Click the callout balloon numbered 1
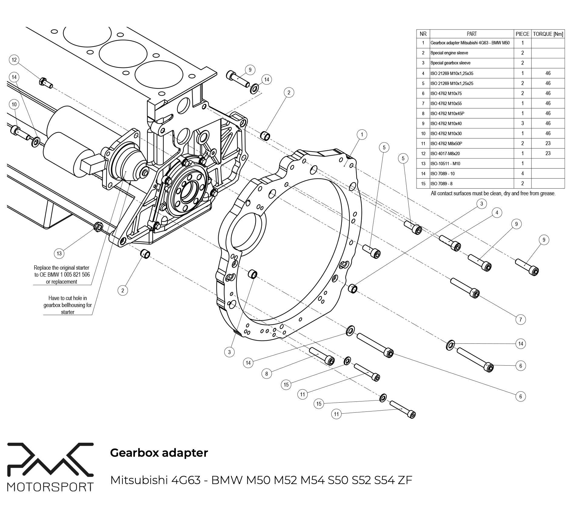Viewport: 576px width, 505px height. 362,135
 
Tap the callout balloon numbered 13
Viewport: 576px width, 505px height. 59,253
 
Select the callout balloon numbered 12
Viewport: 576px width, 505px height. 14,60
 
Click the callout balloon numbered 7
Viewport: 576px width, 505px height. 521,319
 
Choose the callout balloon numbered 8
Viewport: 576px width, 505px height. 266,374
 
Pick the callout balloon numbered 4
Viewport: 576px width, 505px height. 497,213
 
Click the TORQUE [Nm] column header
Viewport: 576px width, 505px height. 548,34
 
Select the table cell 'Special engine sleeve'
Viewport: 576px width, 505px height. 449,53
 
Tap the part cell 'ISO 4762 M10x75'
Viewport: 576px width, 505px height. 446,94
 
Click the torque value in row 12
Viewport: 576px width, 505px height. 548,153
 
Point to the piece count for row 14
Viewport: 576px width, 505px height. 522,173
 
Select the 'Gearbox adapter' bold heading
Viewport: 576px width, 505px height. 159,453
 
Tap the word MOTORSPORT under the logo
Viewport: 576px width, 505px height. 50,487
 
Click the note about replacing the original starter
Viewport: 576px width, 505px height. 62,275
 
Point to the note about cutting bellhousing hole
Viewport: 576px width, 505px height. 68,305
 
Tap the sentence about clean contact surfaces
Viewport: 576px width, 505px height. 493,193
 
